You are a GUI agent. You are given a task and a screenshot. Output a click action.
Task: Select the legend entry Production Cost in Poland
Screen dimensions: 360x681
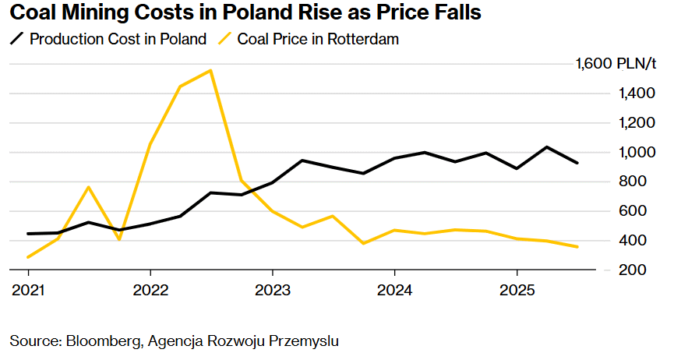pos(118,39)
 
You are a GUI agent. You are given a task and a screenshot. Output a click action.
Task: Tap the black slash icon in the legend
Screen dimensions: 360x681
pos(16,39)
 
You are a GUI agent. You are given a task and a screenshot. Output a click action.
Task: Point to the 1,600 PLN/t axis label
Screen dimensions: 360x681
pos(616,64)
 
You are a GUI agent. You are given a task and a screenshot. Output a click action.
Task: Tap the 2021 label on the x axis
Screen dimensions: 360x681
pos(28,291)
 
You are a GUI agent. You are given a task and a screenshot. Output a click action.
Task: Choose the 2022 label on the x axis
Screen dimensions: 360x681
pos(150,291)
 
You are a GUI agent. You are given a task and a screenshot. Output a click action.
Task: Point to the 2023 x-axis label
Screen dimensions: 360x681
pos(272,291)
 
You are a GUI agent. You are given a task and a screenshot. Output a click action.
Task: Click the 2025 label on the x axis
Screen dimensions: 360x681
pos(516,291)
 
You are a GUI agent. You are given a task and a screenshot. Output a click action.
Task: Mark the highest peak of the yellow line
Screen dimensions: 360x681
pos(210,71)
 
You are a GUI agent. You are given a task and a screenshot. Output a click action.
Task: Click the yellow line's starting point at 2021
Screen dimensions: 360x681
pos(28,256)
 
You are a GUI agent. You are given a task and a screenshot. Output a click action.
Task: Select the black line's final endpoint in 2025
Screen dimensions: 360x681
pos(577,163)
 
